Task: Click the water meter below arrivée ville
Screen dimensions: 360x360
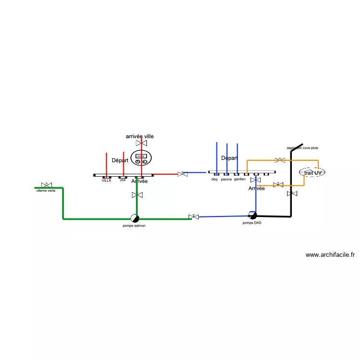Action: [141, 158]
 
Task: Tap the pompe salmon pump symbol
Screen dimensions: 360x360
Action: [135, 218]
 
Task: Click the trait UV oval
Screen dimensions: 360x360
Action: [312, 172]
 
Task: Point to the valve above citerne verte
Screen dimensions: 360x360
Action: [47, 185]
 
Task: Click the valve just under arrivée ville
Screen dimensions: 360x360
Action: [141, 144]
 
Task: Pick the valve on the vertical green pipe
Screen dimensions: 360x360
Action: [137, 195]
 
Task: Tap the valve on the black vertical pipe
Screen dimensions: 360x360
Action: [291, 193]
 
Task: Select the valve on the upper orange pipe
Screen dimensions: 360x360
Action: [280, 160]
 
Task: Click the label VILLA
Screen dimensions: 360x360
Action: [106, 180]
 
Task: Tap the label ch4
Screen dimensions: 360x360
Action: [122, 180]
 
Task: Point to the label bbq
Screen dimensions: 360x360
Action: [215, 180]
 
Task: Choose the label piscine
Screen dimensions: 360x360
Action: [227, 180]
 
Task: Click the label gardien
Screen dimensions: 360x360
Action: [240, 180]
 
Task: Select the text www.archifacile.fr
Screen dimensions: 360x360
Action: [330, 255]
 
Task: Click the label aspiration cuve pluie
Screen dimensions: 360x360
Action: [302, 148]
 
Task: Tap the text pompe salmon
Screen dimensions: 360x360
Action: [134, 226]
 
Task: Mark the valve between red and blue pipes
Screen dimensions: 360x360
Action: [182, 174]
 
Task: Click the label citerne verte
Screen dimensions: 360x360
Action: [46, 191]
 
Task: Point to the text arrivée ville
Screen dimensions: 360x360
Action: [140, 137]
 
